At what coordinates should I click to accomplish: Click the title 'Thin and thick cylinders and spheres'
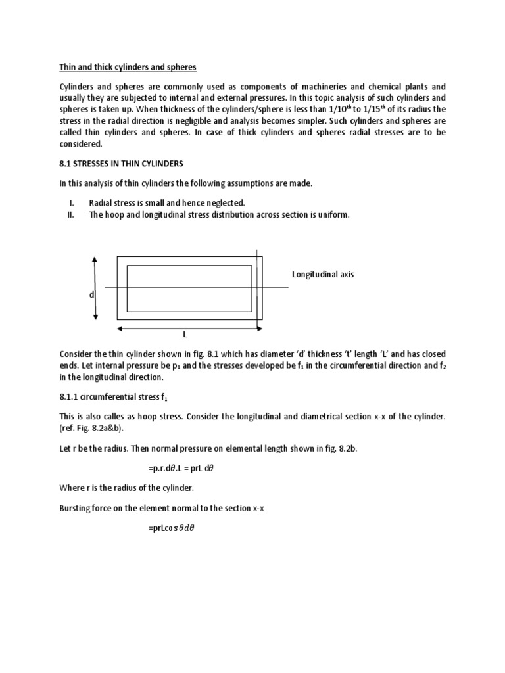128,67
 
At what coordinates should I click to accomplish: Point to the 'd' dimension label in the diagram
92,295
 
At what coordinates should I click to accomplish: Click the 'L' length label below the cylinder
185,335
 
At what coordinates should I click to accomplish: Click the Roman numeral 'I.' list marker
71,203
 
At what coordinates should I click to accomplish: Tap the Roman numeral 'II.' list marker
71,214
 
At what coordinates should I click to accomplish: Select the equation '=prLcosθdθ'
172,528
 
